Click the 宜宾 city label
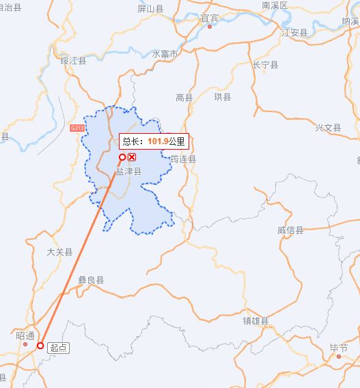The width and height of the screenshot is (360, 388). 210,18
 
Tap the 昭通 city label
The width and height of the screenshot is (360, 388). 24,336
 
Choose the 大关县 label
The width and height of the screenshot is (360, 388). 59,252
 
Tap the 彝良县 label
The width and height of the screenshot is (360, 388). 91,279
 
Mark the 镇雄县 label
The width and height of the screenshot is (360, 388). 255,320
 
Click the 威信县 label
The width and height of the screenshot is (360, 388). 290,230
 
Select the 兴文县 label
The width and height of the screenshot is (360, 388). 328,128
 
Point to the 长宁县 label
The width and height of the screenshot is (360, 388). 266,65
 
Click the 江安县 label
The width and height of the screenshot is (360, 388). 294,32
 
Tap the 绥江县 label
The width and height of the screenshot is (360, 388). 73,61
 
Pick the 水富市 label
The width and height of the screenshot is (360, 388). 165,53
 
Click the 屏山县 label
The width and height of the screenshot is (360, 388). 150,9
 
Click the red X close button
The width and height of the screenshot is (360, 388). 133,157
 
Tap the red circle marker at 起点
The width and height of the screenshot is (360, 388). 40,346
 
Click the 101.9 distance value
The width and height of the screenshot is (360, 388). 157,141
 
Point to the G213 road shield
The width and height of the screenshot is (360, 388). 77,128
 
